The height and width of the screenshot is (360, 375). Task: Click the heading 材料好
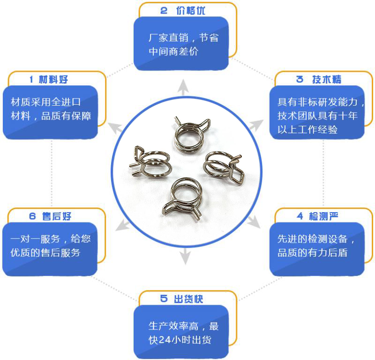[53, 79]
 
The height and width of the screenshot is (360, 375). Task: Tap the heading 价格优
[191, 10]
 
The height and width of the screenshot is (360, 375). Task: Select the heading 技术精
[327, 79]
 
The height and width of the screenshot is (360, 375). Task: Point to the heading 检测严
[323, 216]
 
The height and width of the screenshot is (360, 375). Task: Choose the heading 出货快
[188, 299]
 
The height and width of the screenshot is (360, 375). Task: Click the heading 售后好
[57, 216]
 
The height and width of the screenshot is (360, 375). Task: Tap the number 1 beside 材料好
[31, 79]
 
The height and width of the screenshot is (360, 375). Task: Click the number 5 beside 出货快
[164, 299]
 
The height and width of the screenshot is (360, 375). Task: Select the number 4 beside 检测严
[300, 216]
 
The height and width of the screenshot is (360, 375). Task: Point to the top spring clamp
[192, 135]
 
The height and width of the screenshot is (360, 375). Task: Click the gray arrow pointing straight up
[183, 87]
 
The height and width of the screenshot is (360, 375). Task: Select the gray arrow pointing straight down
[185, 256]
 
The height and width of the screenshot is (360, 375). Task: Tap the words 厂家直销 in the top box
[168, 38]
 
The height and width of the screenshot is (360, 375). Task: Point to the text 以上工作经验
[307, 130]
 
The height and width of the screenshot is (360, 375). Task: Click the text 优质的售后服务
[45, 253]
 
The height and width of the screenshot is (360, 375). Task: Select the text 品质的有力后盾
[312, 253]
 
